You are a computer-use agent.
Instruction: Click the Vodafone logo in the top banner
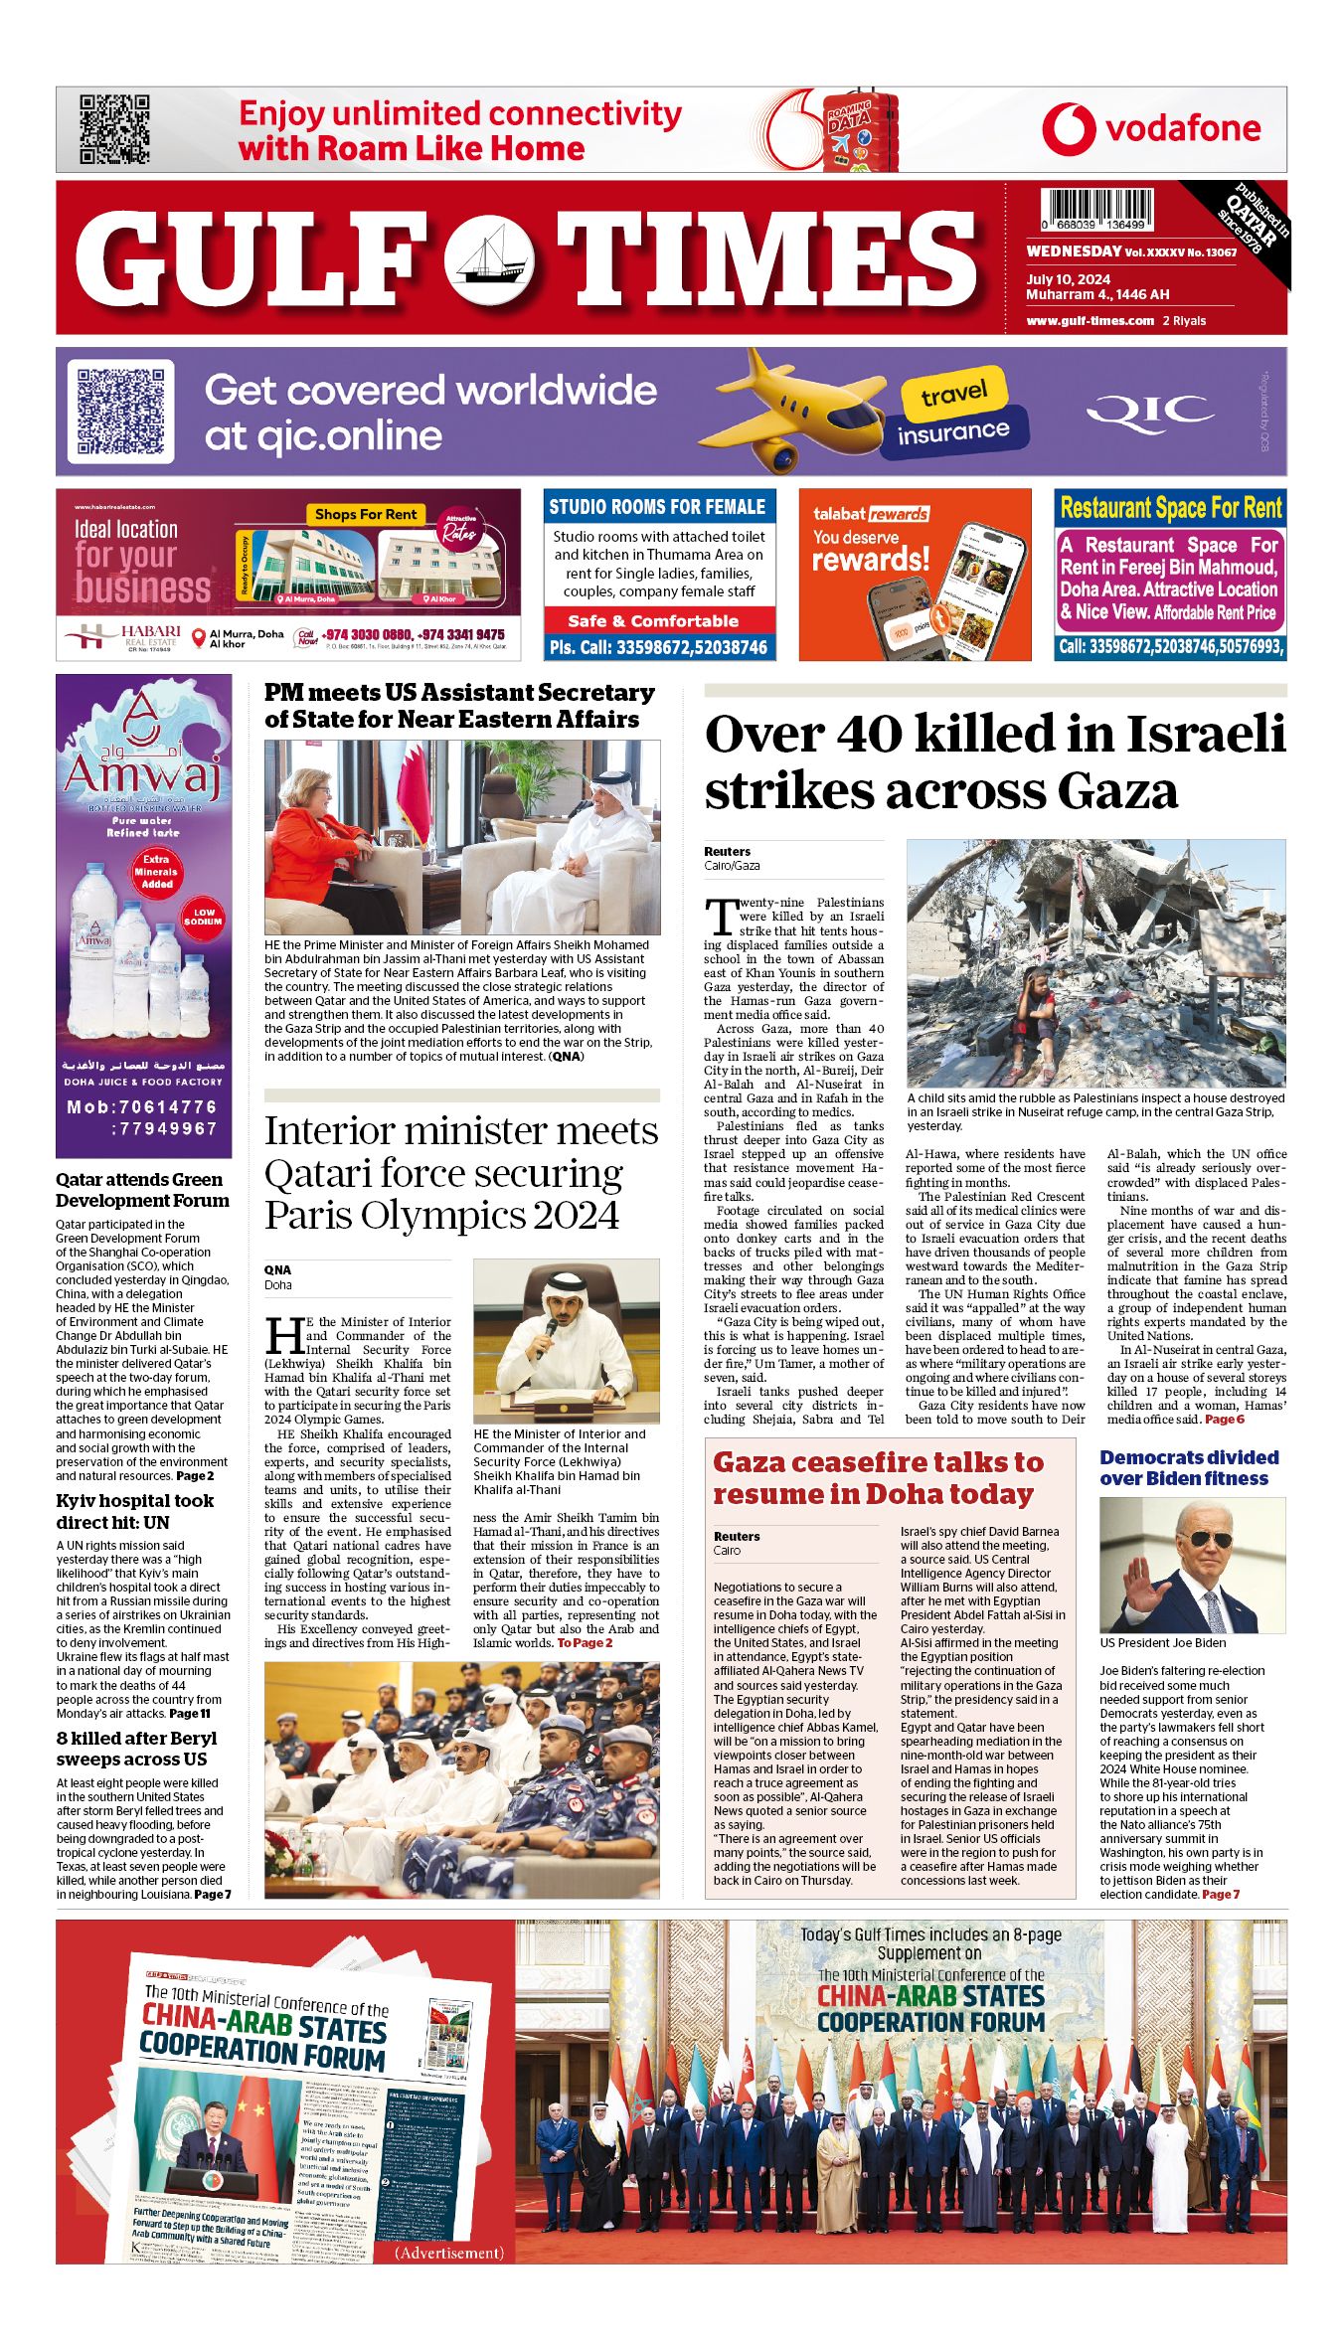pos(1150,129)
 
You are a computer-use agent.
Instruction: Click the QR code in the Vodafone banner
pos(114,129)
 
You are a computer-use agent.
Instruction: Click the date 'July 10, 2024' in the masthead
pos(1068,279)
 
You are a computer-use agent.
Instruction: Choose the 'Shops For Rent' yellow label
pos(366,514)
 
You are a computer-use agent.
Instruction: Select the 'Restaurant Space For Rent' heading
pos(1170,508)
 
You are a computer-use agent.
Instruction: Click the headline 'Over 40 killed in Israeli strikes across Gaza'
pos(994,762)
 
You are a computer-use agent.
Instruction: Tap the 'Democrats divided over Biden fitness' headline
pos(1188,1467)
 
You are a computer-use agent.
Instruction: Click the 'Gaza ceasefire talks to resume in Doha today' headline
pos(879,1478)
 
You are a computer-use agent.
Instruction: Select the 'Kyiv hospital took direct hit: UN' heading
pos(134,1511)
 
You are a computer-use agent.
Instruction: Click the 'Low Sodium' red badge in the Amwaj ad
pos(204,917)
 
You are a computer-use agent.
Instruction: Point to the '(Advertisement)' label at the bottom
pos(449,2253)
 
